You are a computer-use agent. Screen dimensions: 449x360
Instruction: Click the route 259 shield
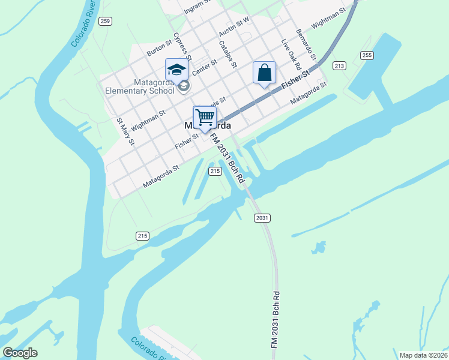click(106, 22)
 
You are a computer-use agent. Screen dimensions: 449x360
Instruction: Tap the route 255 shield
click(367, 55)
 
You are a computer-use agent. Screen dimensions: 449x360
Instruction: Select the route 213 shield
click(339, 65)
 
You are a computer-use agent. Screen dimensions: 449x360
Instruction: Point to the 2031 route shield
click(261, 217)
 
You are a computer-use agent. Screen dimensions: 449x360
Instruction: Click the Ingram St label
click(198, 6)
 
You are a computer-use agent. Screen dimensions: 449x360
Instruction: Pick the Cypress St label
click(181, 45)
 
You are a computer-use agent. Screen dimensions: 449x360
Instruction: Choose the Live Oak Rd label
click(291, 55)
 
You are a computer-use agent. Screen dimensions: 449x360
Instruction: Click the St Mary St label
click(126, 131)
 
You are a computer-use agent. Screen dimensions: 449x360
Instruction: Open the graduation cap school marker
click(176, 69)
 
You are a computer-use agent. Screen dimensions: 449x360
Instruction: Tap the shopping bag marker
click(264, 73)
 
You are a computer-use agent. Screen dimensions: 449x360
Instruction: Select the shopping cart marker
click(205, 117)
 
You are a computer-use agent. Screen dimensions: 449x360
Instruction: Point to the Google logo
click(20, 353)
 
